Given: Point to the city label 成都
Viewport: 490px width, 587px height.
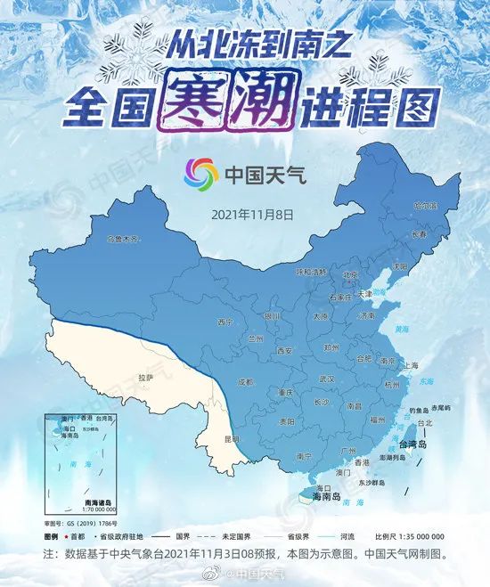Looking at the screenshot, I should (x=245, y=381).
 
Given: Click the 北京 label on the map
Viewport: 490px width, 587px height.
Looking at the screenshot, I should (x=350, y=275).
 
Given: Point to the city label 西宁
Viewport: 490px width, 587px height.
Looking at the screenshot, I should (x=225, y=322).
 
